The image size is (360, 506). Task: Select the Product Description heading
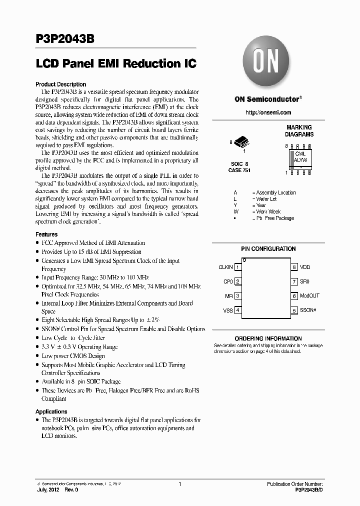coord(61,84)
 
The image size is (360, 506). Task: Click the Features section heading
coord(46,234)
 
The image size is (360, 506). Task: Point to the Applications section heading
coord(51,411)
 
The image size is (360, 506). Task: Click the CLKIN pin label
coord(225,267)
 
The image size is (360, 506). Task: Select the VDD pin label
coord(305,267)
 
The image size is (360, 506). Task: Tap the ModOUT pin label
coord(309,296)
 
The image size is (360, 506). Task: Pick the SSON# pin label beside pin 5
coord(308,310)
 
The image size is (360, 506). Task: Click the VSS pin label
coord(227,310)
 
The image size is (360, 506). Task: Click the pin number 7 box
coord(295,281)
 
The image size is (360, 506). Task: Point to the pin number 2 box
coord(237,281)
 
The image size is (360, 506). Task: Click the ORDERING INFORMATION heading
coord(268,338)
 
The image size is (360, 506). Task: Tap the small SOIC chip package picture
coord(240,143)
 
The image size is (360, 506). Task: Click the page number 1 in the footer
coord(179,484)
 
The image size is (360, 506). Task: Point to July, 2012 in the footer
coord(48,490)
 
